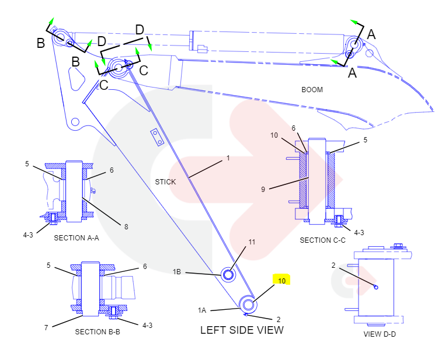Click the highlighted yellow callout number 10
(281, 281)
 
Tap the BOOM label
(312, 90)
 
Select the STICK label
(165, 182)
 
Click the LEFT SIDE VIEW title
(242, 330)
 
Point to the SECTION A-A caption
(76, 238)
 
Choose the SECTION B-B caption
(98, 332)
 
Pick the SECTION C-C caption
(323, 240)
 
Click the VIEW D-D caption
(380, 334)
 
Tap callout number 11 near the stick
(252, 242)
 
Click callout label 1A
(202, 310)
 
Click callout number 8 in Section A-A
(126, 227)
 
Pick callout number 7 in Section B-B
(46, 328)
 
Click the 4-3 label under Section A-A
(28, 235)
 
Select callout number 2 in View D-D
(333, 265)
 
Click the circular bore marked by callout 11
(228, 273)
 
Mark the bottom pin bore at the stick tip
(248, 304)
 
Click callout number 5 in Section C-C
(365, 140)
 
